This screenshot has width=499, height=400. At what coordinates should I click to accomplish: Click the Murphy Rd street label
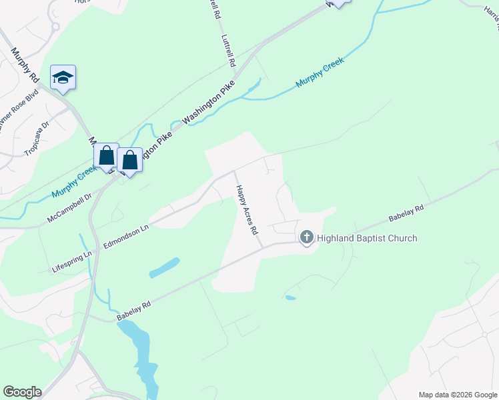[x=25, y=65]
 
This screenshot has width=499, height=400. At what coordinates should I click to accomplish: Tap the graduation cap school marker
[x=63, y=77]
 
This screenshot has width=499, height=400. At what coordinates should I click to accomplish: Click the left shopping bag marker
[x=106, y=156]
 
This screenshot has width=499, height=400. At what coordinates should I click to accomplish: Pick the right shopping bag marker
[x=130, y=160]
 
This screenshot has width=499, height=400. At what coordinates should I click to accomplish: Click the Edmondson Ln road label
[x=125, y=237]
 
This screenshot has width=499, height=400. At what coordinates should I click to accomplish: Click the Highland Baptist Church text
[x=367, y=238]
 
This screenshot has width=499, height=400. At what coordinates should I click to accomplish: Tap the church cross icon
[x=307, y=237]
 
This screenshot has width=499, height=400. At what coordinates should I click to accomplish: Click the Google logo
[x=22, y=392]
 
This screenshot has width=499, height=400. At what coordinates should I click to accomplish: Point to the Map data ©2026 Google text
[x=458, y=395]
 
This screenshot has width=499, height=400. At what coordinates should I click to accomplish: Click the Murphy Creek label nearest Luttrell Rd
[x=320, y=73]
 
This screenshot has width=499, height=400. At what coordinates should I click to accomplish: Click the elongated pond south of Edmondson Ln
[x=164, y=267]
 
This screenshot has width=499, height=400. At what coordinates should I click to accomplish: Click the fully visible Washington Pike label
[x=209, y=105]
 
